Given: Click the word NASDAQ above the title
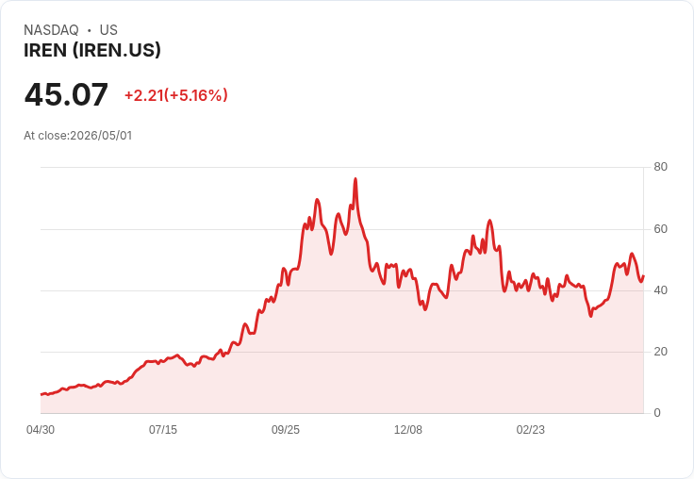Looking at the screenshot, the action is pos(51,30).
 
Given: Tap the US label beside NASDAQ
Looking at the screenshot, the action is pos(108,30).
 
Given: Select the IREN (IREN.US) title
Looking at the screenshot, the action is pos(92,51).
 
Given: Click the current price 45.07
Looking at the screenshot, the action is pos(66,94).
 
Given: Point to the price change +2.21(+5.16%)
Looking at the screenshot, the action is pos(176,95).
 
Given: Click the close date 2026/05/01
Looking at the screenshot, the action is pos(101,136).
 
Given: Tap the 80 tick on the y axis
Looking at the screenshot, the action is pos(660,167).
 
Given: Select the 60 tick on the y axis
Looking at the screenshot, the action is pos(660,229).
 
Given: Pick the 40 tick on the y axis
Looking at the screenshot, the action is pos(660,290).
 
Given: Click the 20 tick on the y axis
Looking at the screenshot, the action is pos(660,352).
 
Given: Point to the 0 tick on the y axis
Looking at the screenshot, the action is pos(657,413).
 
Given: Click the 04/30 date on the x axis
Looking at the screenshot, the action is pos(41,430).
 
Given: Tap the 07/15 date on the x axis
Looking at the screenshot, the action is pos(163,430).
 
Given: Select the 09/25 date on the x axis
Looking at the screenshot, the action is pos(286,430).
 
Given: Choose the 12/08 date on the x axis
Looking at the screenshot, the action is pos(408,430).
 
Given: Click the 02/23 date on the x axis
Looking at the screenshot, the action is pos(531,430).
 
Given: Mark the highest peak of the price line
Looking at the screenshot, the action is pos(355,179).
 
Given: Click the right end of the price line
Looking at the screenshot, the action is pos(643,276).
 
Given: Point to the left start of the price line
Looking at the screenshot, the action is pos(41,394).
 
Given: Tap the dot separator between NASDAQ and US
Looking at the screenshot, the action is pos(90,30).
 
